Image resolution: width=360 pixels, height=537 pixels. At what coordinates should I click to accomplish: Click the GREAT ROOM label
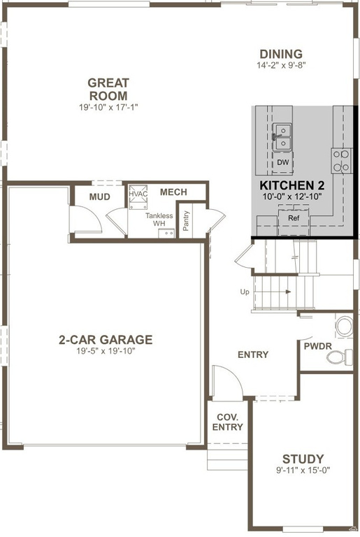coord(108,89)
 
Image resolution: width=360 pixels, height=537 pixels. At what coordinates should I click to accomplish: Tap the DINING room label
coord(280,54)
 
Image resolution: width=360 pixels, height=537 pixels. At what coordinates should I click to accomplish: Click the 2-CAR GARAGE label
coord(105,340)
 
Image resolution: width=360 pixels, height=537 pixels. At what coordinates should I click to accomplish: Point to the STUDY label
coord(302,459)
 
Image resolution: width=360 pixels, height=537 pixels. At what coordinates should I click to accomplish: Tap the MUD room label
coord(99,196)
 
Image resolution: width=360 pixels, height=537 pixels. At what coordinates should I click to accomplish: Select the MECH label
coord(173,192)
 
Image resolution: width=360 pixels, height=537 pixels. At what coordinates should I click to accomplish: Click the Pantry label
coord(187,220)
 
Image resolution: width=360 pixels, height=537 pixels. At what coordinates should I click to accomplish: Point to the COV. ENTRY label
coord(227,422)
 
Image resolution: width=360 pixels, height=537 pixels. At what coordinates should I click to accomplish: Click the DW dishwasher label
coord(282,162)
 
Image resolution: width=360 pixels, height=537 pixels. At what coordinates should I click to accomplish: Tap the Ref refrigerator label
coord(294,218)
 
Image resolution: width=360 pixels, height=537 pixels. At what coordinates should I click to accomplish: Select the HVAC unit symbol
coord(137,195)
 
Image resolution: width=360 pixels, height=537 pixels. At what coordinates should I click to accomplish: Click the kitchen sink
coord(282,136)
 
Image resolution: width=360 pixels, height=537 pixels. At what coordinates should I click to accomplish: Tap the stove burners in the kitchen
coord(341,160)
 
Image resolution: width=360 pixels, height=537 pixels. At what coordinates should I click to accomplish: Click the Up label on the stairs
coord(244,292)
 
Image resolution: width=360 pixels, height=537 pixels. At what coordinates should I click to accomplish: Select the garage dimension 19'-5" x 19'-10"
coord(105,351)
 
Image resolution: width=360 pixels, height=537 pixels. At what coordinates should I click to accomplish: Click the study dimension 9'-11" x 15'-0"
coord(302,471)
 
